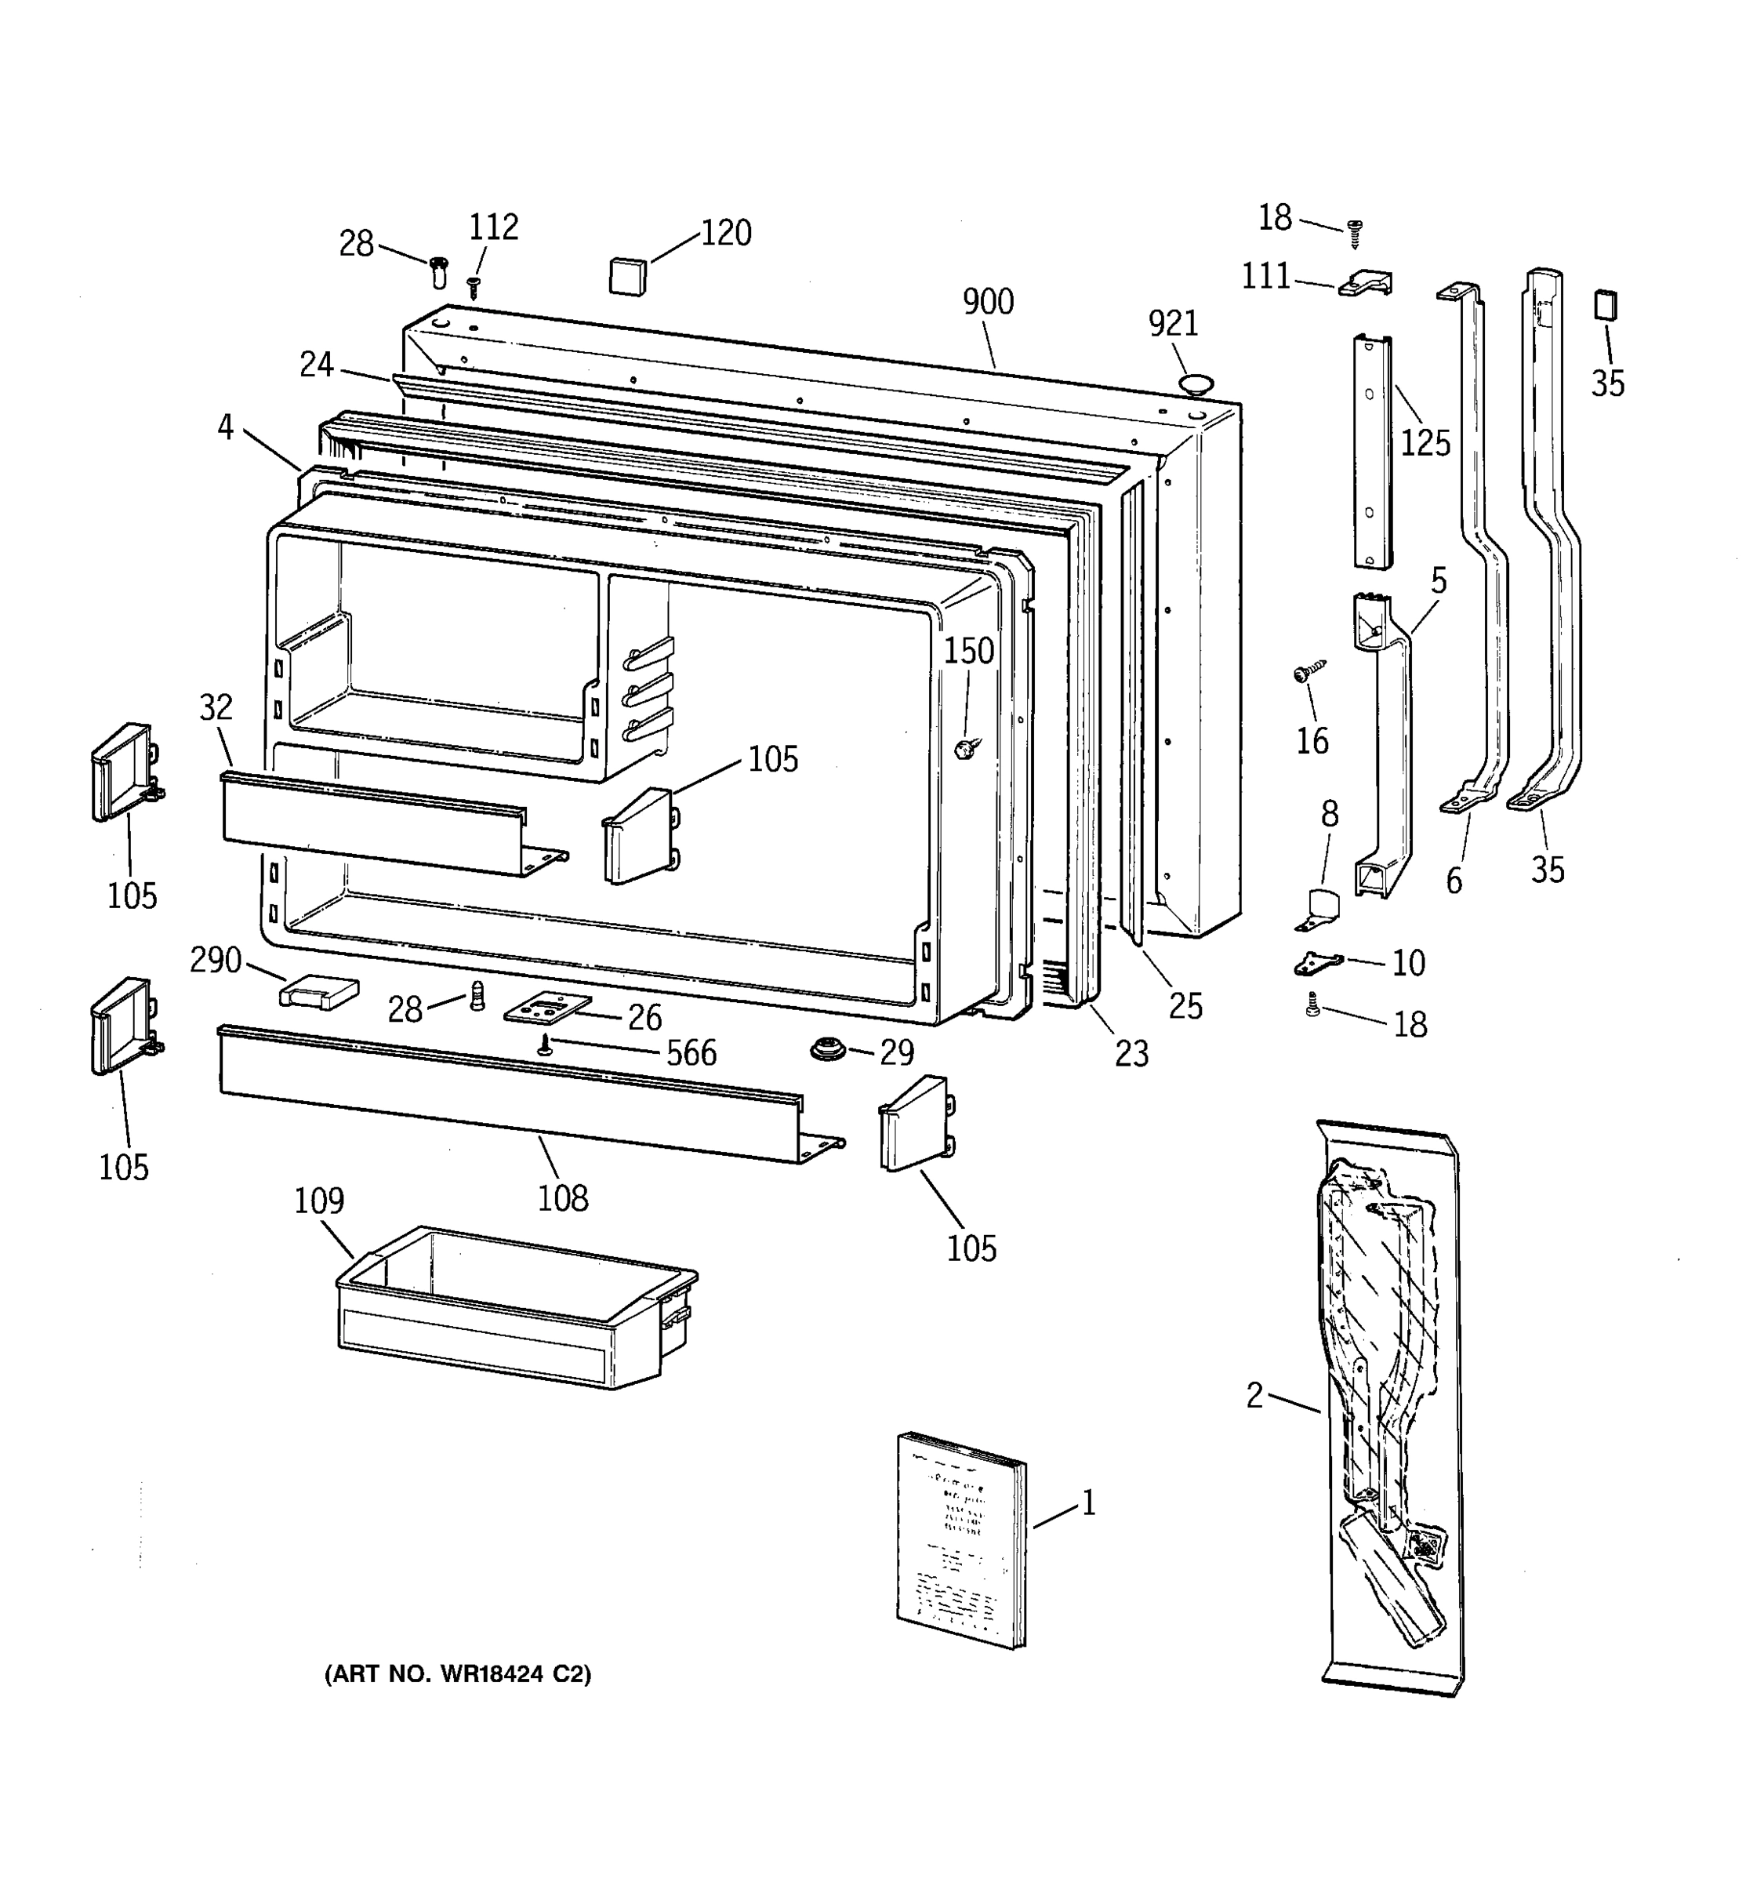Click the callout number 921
[1173, 324]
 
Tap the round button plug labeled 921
[1196, 383]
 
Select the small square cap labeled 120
[626, 274]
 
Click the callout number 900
[987, 302]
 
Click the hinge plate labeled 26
[547, 1009]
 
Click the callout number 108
[563, 1198]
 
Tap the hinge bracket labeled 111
[1366, 282]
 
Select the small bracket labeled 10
[1316, 964]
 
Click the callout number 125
[1425, 442]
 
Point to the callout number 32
[216, 707]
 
